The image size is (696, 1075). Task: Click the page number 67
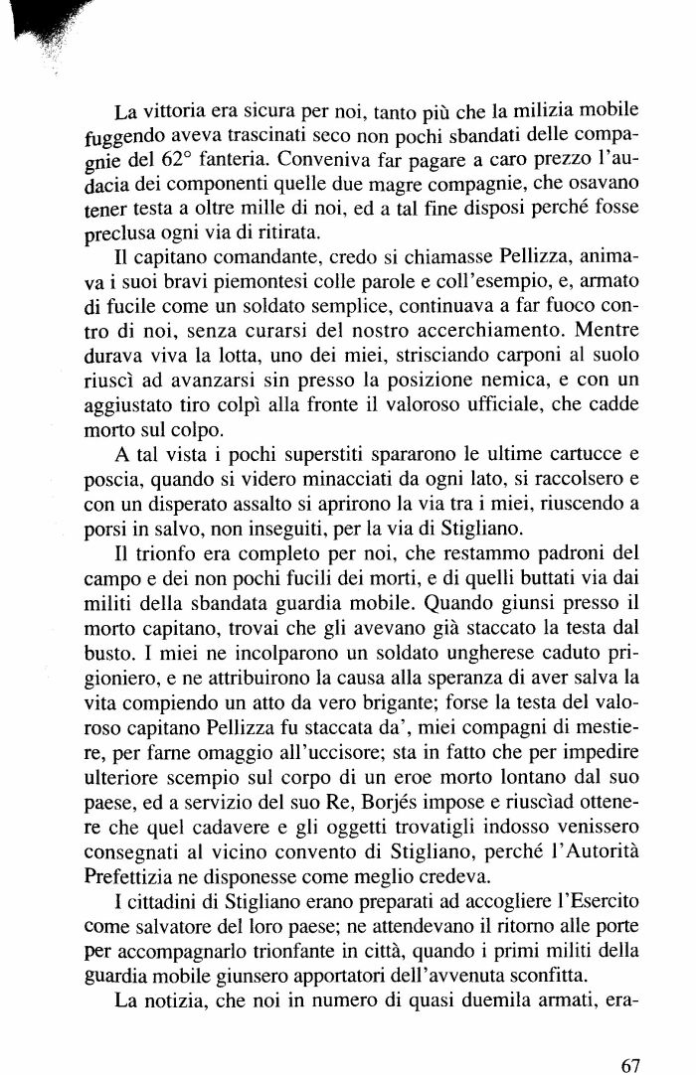tap(629, 1037)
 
